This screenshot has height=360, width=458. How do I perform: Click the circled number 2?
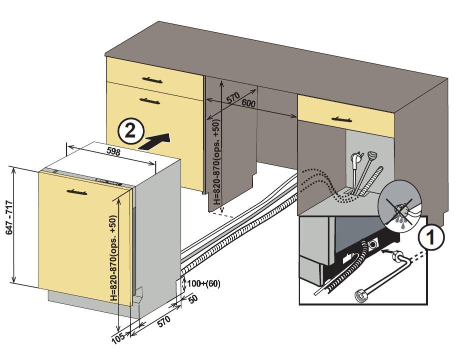130,131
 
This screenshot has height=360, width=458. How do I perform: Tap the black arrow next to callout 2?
155,141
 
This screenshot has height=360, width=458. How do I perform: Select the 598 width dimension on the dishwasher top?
114,152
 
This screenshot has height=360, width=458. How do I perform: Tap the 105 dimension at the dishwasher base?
118,338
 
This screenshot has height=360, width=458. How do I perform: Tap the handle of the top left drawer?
152,79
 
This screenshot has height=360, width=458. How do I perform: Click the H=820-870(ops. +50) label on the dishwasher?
114,257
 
